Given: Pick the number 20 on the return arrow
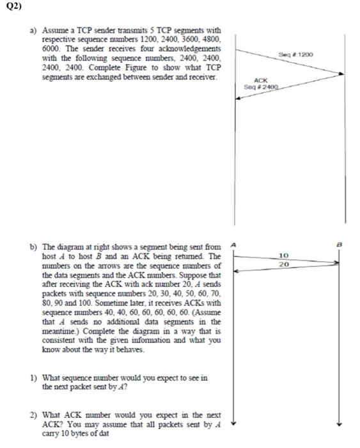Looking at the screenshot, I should (285, 264).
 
